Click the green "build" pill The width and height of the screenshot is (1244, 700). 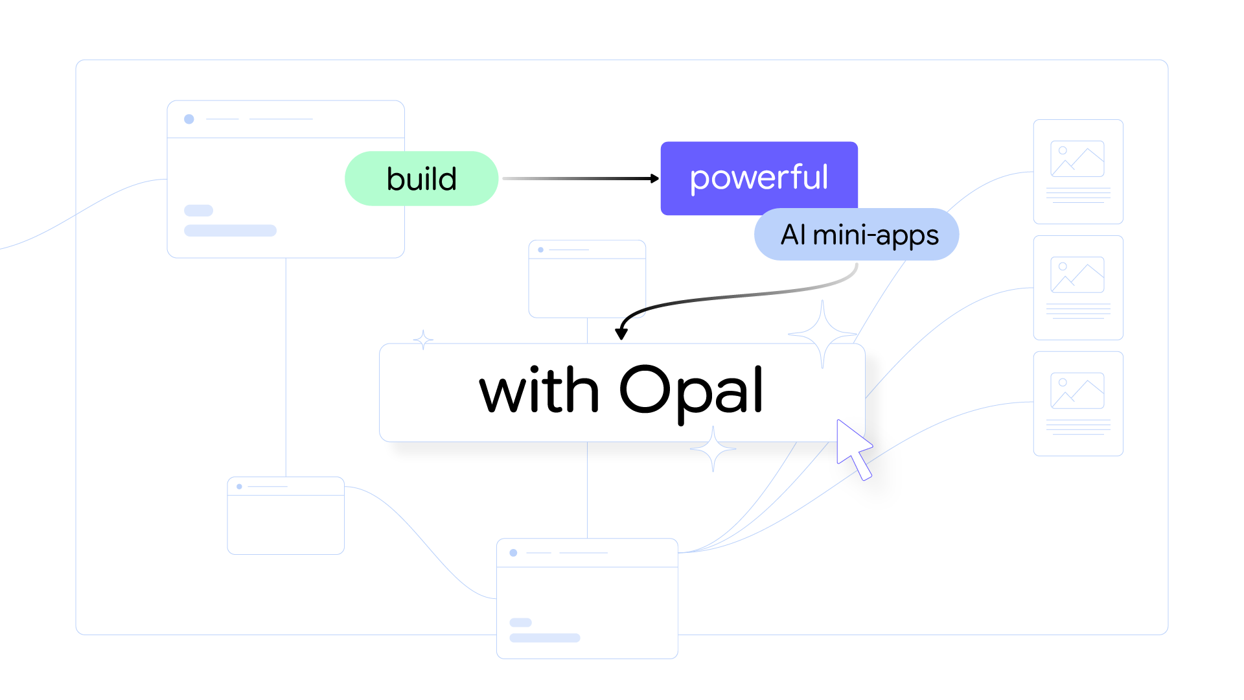click(x=421, y=179)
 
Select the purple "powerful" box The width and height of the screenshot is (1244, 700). click(x=758, y=177)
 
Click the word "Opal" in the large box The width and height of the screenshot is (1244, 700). click(x=691, y=390)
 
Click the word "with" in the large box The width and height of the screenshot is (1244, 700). click(x=538, y=390)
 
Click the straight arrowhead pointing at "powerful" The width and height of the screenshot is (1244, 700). click(x=654, y=178)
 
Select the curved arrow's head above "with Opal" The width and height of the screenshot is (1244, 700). click(x=621, y=334)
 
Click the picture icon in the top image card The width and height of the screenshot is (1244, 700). click(x=1077, y=159)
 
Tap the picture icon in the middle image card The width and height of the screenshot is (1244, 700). click(x=1077, y=275)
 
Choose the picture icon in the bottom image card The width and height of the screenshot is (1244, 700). click(x=1077, y=391)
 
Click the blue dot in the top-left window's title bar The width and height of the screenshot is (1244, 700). click(x=189, y=119)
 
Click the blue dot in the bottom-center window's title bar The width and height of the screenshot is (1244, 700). click(x=513, y=553)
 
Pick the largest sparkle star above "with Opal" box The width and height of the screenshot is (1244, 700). click(x=822, y=334)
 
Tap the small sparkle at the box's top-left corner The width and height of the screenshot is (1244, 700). click(x=423, y=340)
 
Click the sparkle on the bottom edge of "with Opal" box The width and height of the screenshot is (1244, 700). click(x=713, y=449)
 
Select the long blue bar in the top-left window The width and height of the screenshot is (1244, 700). click(x=230, y=231)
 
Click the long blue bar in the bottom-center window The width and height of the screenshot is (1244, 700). click(x=544, y=638)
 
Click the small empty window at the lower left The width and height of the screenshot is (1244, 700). click(x=286, y=522)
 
